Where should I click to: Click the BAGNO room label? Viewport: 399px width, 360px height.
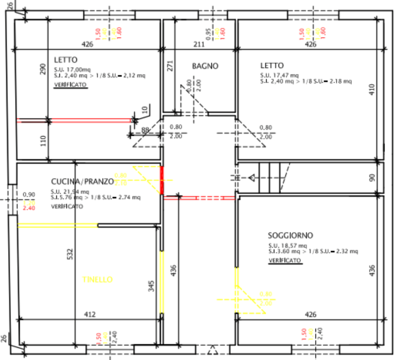coord(205,66)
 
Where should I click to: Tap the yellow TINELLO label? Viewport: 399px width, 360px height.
coord(97,279)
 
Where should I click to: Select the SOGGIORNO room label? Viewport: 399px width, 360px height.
coord(290,235)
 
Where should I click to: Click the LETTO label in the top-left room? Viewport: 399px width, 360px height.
coord(65,60)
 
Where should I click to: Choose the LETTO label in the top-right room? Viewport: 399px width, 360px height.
coord(272,65)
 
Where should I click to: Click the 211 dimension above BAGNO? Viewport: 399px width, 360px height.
coord(199,44)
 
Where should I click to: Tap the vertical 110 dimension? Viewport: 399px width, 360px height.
coord(43,140)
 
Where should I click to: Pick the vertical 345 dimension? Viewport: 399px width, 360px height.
coord(151,286)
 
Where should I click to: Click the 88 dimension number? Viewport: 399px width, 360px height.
coord(146,130)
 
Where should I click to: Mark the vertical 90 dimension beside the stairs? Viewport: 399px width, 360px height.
coord(372,177)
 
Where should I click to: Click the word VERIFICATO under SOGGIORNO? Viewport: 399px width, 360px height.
coord(284,260)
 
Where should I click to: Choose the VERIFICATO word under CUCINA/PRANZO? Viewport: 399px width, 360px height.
coord(67,207)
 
